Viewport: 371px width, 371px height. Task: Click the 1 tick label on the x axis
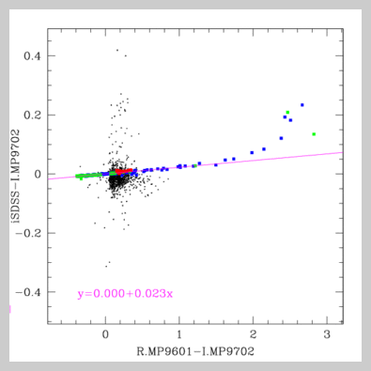click(178, 334)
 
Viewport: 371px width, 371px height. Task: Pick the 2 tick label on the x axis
click(253, 334)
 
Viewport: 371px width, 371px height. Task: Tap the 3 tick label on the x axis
click(326, 334)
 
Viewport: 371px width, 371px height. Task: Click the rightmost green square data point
click(314, 133)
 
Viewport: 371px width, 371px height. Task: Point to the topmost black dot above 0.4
click(117, 50)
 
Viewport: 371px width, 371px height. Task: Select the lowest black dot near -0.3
click(107, 265)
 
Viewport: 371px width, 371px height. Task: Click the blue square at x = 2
click(252, 152)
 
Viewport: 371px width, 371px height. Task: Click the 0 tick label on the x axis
click(105, 334)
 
